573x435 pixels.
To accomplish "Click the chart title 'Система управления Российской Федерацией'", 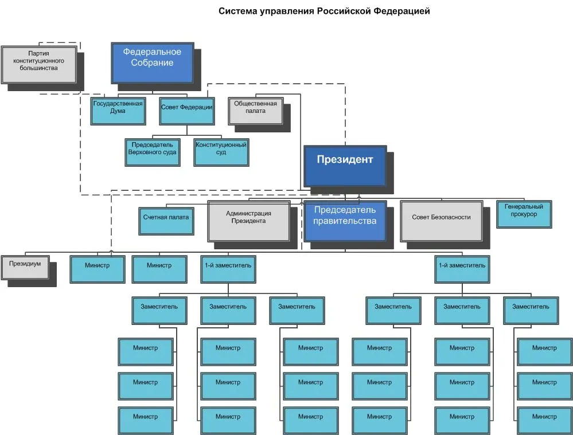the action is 324,11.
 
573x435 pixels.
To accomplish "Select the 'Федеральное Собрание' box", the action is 153,63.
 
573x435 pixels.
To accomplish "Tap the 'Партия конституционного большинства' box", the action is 39,65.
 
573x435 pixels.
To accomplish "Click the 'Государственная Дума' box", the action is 118,111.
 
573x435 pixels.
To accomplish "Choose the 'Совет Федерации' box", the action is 187,111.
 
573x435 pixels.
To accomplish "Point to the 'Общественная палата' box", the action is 255,111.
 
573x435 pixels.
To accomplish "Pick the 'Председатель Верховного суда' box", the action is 153,152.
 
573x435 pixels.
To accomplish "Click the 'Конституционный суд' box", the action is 221,152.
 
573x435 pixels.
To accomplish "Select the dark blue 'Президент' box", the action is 345,166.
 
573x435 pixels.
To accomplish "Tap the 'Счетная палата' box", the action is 166,221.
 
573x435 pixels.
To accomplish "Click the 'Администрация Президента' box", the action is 249,221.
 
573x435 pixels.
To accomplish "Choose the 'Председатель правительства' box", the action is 345,221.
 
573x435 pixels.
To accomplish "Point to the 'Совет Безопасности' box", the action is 442,221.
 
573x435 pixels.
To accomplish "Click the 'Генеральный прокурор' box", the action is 524,214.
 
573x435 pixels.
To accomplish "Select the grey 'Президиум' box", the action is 25,268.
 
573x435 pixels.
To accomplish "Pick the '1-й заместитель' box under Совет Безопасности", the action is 462,269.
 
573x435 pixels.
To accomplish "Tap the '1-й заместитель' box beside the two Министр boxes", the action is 228,269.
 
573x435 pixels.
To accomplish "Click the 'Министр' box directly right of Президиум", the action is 98,269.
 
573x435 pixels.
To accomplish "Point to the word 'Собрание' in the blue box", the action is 153,63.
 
